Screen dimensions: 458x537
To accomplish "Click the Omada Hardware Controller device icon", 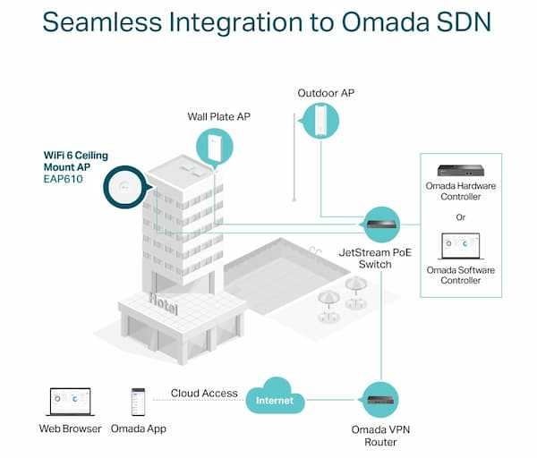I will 461,169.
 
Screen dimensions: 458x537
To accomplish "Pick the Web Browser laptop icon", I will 71,401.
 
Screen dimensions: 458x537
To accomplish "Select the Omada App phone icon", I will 139,401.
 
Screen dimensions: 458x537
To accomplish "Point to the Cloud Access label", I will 206,393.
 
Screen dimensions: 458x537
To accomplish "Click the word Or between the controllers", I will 461,216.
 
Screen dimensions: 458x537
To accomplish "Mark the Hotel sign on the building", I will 164,303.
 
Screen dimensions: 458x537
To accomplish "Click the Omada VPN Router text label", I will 382,435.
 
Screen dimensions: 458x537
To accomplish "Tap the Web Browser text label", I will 71,429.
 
